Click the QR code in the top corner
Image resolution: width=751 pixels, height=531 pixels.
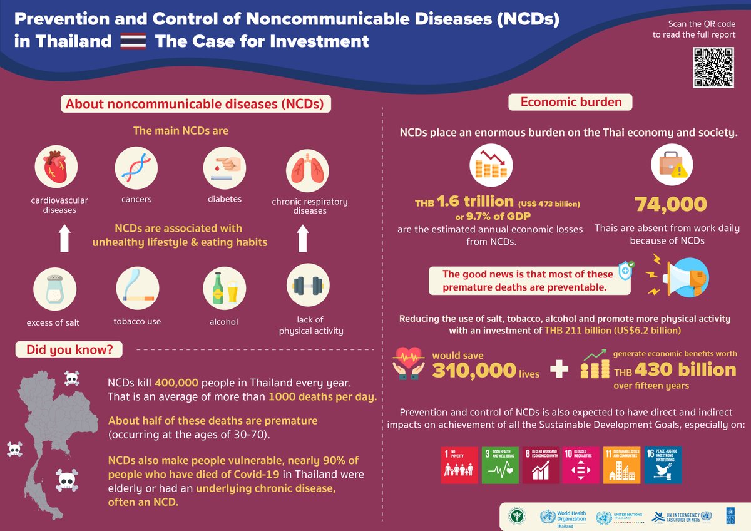click(714, 67)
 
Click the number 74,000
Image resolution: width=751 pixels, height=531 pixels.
click(671, 204)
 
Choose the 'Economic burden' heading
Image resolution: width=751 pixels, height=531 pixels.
click(571, 102)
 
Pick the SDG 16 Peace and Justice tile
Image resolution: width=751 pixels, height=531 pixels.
click(663, 465)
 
